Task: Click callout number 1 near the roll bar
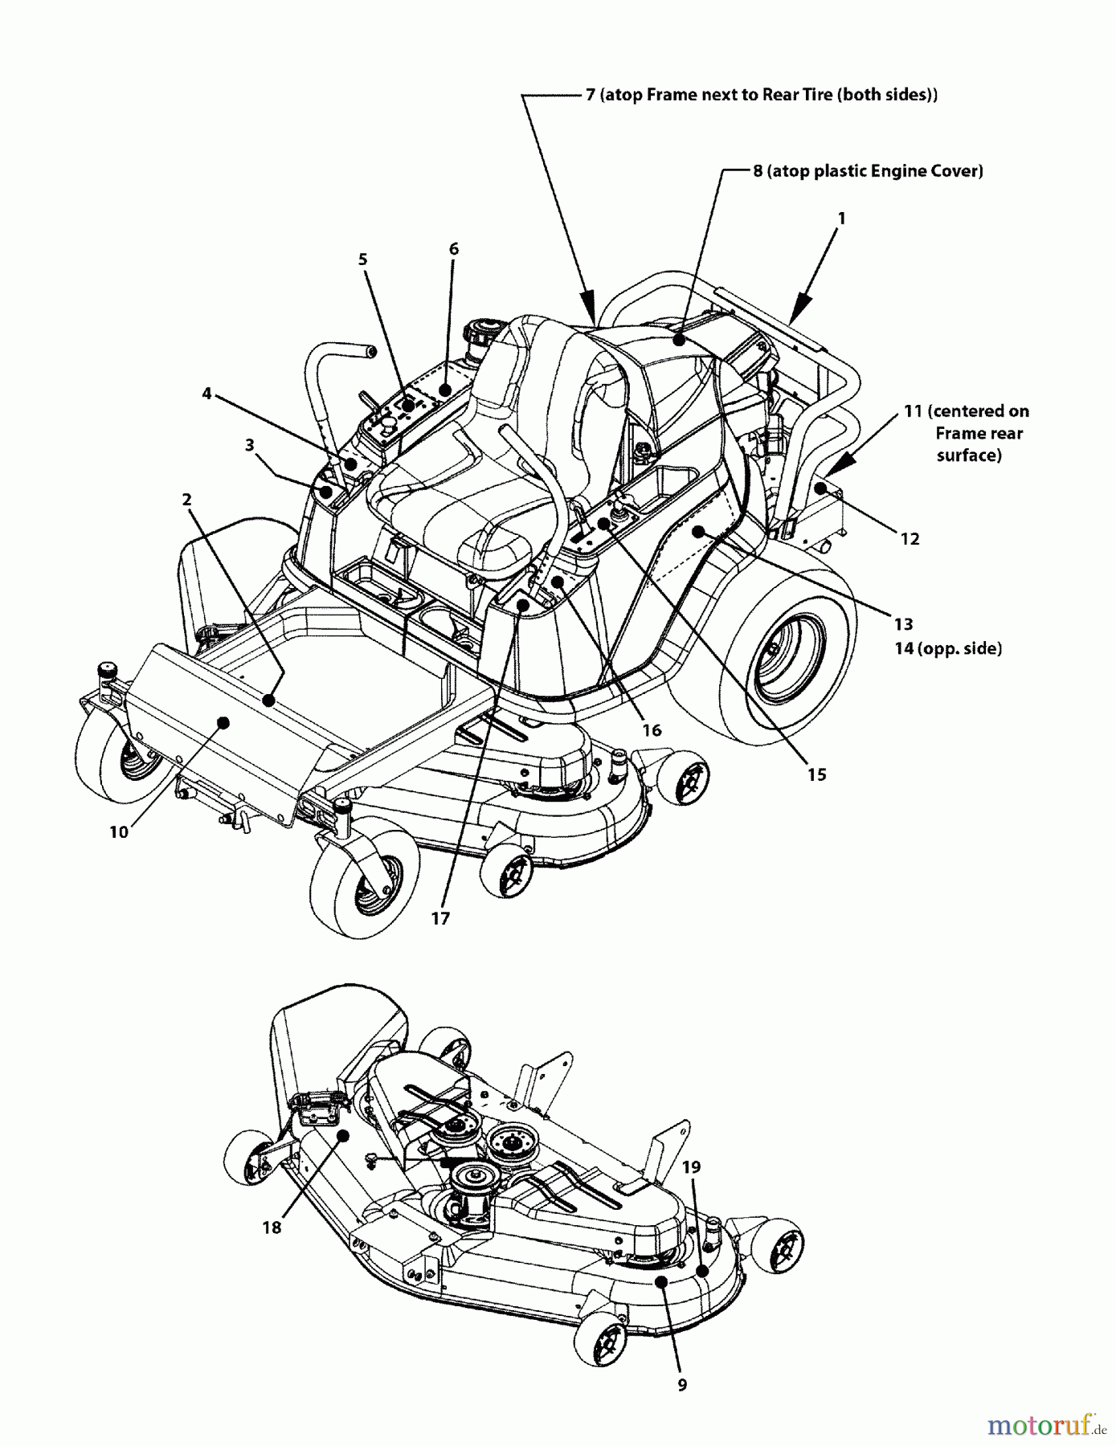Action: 842,219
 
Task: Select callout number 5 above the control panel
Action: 363,259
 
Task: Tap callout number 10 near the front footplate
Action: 119,833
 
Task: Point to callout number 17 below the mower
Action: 440,919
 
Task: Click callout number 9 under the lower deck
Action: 682,1385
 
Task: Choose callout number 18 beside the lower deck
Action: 272,1227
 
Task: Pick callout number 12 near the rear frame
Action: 910,539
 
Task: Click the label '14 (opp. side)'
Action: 948,648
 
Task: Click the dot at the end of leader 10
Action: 224,723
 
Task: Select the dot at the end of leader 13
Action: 698,531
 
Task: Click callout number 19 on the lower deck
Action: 691,1167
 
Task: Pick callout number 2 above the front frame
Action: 186,500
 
